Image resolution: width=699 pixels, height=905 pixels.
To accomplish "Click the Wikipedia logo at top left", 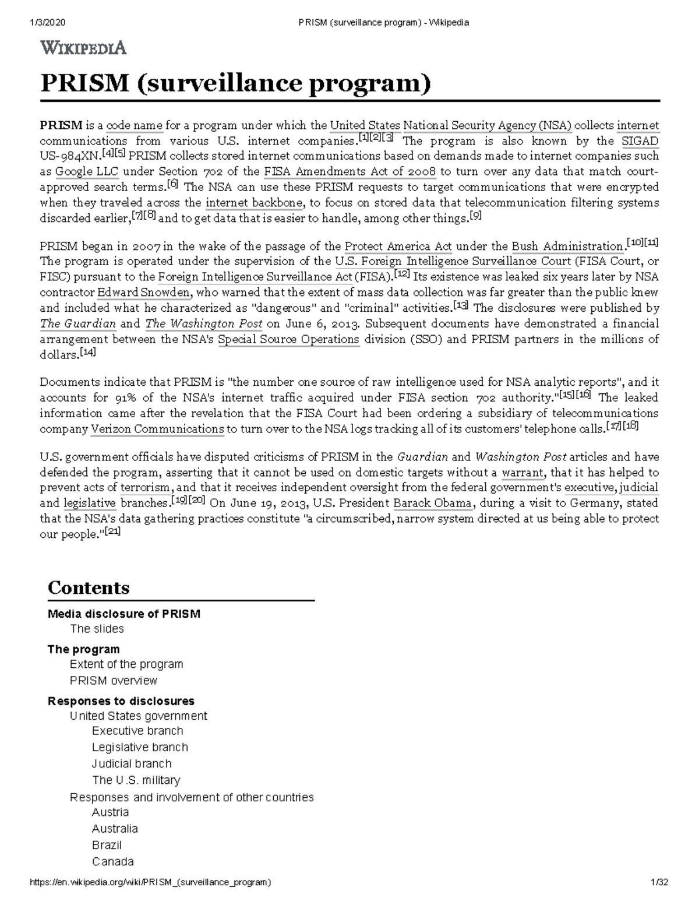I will (x=83, y=48).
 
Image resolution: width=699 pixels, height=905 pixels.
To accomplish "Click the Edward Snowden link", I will (x=143, y=293).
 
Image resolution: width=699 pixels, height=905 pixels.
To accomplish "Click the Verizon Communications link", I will (x=157, y=429).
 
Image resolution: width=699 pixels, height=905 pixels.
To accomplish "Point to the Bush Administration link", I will (x=567, y=247).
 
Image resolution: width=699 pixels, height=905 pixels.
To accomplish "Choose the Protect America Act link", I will (x=398, y=247).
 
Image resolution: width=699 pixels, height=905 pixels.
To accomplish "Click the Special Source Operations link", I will (x=288, y=340).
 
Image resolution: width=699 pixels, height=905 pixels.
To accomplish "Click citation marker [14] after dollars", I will (x=89, y=352).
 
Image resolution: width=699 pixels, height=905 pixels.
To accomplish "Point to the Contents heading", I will (x=89, y=587).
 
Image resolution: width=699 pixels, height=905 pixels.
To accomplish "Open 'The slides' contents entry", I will (x=97, y=629).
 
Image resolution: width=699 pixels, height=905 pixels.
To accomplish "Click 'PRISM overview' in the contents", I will (x=113, y=681).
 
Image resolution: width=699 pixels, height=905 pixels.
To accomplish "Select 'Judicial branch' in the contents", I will (x=132, y=763).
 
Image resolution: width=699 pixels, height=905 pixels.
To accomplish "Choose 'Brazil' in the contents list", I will (x=107, y=845).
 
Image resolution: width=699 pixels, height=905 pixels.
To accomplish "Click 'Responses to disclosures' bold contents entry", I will (x=121, y=701).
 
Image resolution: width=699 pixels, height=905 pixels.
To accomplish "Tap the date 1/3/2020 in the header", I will (x=47, y=23).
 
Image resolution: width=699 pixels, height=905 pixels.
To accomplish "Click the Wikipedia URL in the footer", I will (x=150, y=882).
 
